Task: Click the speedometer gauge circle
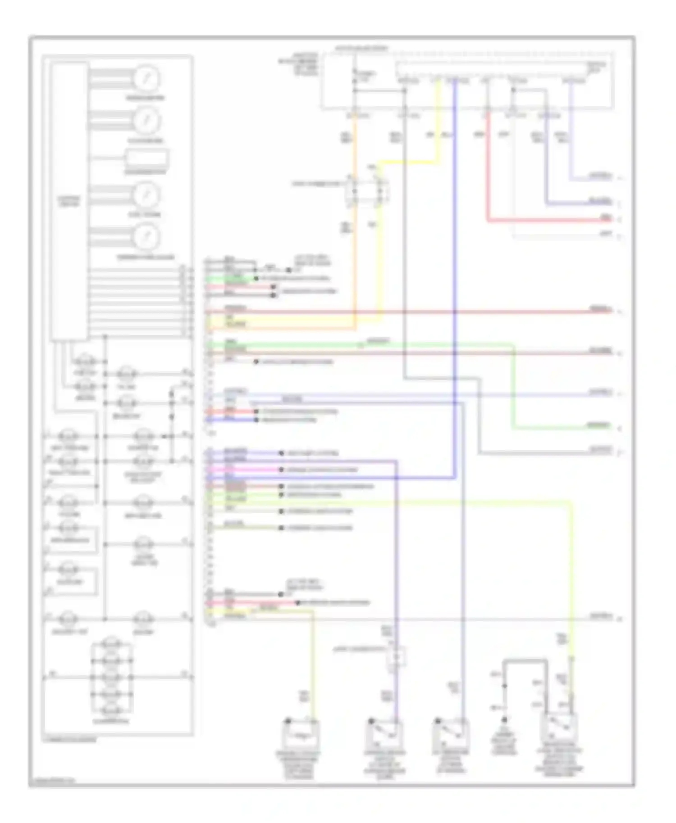146,78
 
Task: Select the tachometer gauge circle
146,121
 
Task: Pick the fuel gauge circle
146,195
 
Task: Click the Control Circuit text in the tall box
69,201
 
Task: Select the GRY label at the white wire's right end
606,234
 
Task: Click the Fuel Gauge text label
145,215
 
